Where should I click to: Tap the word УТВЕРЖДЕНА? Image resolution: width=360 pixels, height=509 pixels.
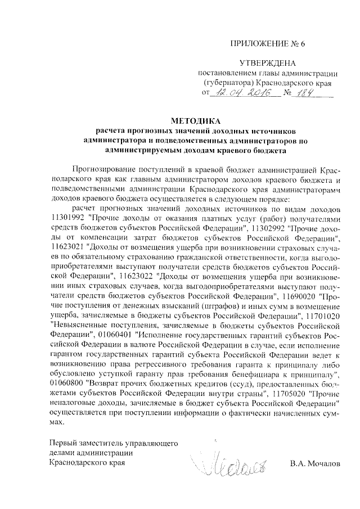267,63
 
